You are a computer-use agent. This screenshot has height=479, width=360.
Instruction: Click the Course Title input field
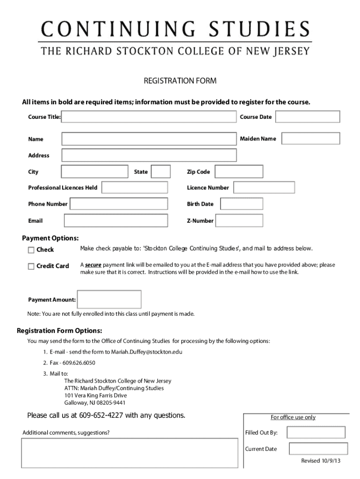(x=149, y=116)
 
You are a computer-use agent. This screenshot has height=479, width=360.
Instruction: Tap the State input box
(x=161, y=172)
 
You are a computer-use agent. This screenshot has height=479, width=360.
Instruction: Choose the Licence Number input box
(x=264, y=188)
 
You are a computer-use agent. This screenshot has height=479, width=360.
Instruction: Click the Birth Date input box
(x=242, y=204)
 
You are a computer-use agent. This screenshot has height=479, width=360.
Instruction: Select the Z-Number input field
(x=239, y=220)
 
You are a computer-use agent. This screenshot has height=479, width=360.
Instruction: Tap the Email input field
(x=116, y=220)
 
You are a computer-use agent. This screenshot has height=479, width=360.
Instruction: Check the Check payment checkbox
(x=31, y=250)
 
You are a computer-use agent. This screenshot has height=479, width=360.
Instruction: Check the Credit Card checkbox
(x=31, y=267)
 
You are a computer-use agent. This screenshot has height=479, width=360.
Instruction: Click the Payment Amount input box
(x=109, y=299)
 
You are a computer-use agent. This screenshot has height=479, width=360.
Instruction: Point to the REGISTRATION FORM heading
(x=180, y=81)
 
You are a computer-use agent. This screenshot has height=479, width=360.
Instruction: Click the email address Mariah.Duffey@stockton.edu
(x=146, y=352)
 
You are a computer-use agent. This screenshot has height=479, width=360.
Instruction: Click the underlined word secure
(x=93, y=265)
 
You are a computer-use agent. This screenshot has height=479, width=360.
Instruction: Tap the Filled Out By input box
(x=316, y=432)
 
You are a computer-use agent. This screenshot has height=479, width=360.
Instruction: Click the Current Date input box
(x=318, y=449)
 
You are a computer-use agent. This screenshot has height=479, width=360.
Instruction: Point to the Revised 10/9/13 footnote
(x=321, y=461)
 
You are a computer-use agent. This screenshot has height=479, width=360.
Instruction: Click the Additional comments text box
(x=131, y=453)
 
